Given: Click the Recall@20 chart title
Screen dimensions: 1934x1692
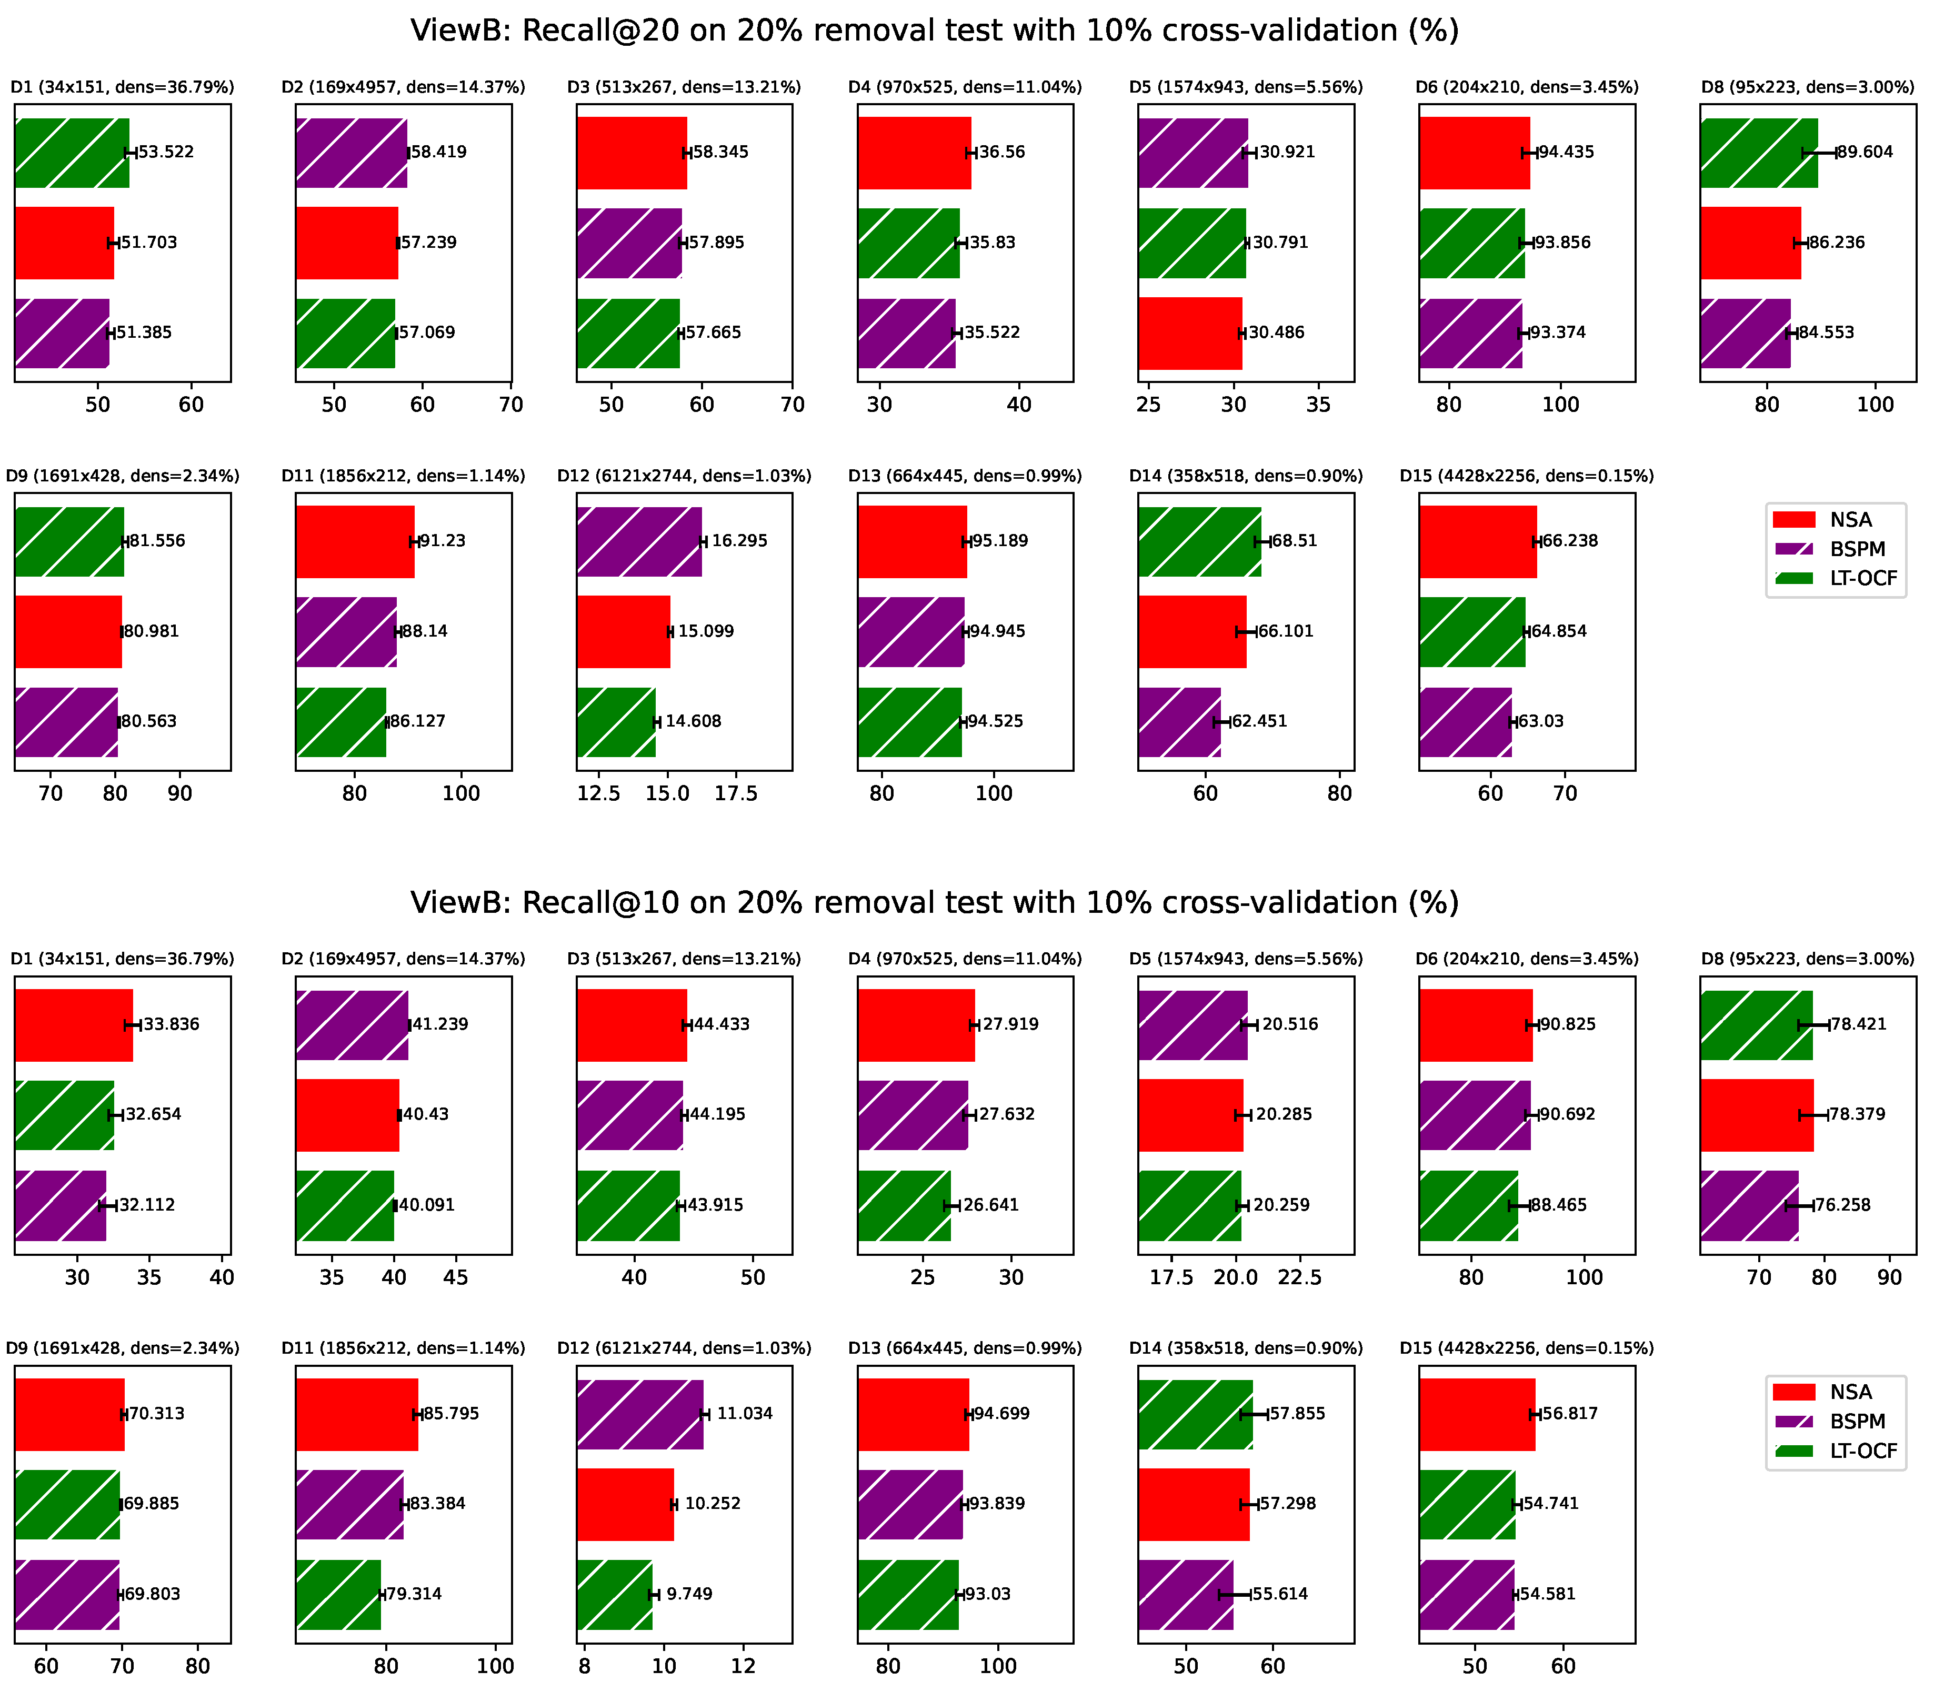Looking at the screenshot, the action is [934, 31].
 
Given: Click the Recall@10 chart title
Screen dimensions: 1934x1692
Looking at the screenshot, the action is [934, 903].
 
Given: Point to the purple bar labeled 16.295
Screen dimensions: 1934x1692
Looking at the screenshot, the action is [639, 541].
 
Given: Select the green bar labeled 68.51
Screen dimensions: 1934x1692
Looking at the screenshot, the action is [1199, 541].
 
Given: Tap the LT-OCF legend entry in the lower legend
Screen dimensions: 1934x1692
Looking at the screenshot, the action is [1836, 1451].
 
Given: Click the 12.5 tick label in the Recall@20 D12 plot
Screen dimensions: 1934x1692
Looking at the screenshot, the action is [599, 793].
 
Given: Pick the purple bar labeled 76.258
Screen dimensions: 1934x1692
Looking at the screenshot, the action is [1749, 1206].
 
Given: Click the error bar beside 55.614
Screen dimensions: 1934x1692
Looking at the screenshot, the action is [1234, 1595].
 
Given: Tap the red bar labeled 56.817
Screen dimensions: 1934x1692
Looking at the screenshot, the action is [1477, 1414].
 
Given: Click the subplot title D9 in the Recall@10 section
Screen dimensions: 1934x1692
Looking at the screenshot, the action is [123, 1348].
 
